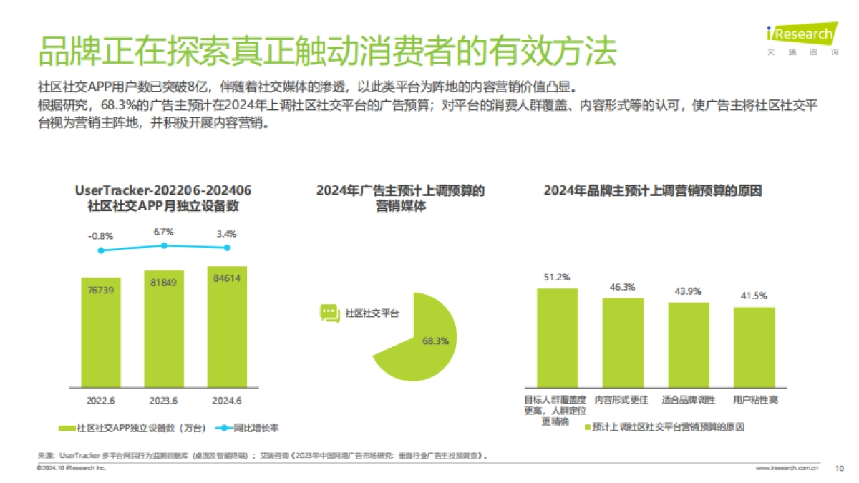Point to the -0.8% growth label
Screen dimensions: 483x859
point(100,235)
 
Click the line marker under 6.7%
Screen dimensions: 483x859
point(164,245)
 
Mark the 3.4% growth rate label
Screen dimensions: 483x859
point(226,233)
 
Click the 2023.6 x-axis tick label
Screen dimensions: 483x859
point(164,401)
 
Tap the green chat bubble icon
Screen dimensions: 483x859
point(329,313)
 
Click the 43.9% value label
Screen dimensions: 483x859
point(688,291)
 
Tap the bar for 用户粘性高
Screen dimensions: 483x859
point(754,347)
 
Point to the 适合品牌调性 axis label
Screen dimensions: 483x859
point(688,400)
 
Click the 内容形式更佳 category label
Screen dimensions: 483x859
point(622,400)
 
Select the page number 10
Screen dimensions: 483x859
point(840,468)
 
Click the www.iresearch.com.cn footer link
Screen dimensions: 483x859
point(788,468)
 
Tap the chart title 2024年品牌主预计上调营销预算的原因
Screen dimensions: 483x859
point(652,191)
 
